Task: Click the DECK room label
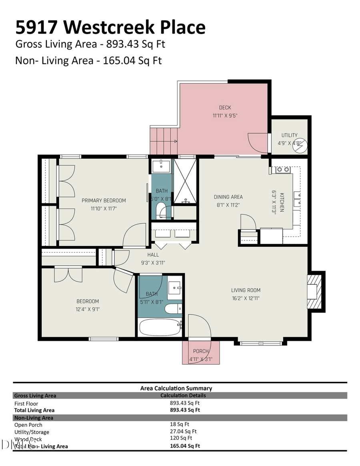pyautogui.click(x=224, y=108)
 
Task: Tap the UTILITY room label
pyautogui.click(x=289, y=135)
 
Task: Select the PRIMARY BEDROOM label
pyautogui.click(x=104, y=200)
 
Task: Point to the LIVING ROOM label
pyautogui.click(x=246, y=290)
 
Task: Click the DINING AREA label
pyautogui.click(x=228, y=197)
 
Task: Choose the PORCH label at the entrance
pyautogui.click(x=201, y=351)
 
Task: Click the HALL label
pyautogui.click(x=153, y=255)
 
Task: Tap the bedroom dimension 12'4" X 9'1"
pyautogui.click(x=88, y=309)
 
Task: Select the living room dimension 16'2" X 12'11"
pyautogui.click(x=246, y=298)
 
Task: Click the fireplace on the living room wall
pyautogui.click(x=314, y=291)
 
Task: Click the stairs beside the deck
pyautogui.click(x=164, y=141)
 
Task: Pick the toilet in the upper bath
pyautogui.click(x=161, y=210)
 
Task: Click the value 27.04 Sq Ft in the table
pyautogui.click(x=183, y=432)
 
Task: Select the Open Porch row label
pyautogui.click(x=28, y=425)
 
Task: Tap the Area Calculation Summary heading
pyautogui.click(x=176, y=388)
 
